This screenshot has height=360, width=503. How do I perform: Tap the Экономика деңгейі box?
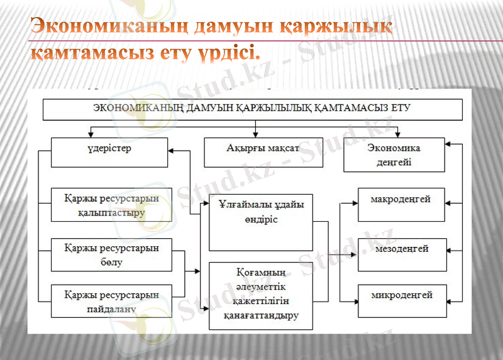pos(394,155)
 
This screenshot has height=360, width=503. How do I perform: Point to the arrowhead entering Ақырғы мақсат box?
pos(255,135)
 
